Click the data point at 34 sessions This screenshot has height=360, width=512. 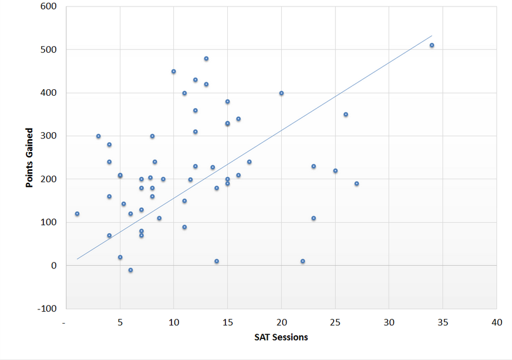[x=432, y=45]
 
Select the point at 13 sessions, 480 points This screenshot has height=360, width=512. [x=206, y=59]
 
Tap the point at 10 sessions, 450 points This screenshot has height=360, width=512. [x=174, y=72]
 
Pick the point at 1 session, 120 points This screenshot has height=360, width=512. [x=77, y=214]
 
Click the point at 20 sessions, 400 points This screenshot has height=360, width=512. [x=281, y=93]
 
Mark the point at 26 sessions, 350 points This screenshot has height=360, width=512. [x=346, y=115]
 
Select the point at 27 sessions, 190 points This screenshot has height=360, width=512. [x=356, y=184]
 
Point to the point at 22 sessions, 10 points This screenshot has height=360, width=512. [x=303, y=261]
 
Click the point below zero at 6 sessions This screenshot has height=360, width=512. [x=130, y=270]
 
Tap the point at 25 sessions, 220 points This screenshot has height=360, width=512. [x=335, y=171]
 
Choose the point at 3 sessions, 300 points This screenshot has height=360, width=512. [x=98, y=136]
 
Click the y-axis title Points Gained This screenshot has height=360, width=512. [x=29, y=158]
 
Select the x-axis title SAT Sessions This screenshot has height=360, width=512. [x=281, y=337]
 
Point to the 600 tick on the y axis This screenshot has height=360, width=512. [x=48, y=7]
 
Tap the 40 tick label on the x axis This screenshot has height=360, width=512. [x=497, y=322]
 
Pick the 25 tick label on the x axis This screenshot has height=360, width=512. [x=335, y=322]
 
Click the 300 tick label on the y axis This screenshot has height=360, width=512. [x=48, y=136]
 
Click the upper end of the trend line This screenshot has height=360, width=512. [x=432, y=36]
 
